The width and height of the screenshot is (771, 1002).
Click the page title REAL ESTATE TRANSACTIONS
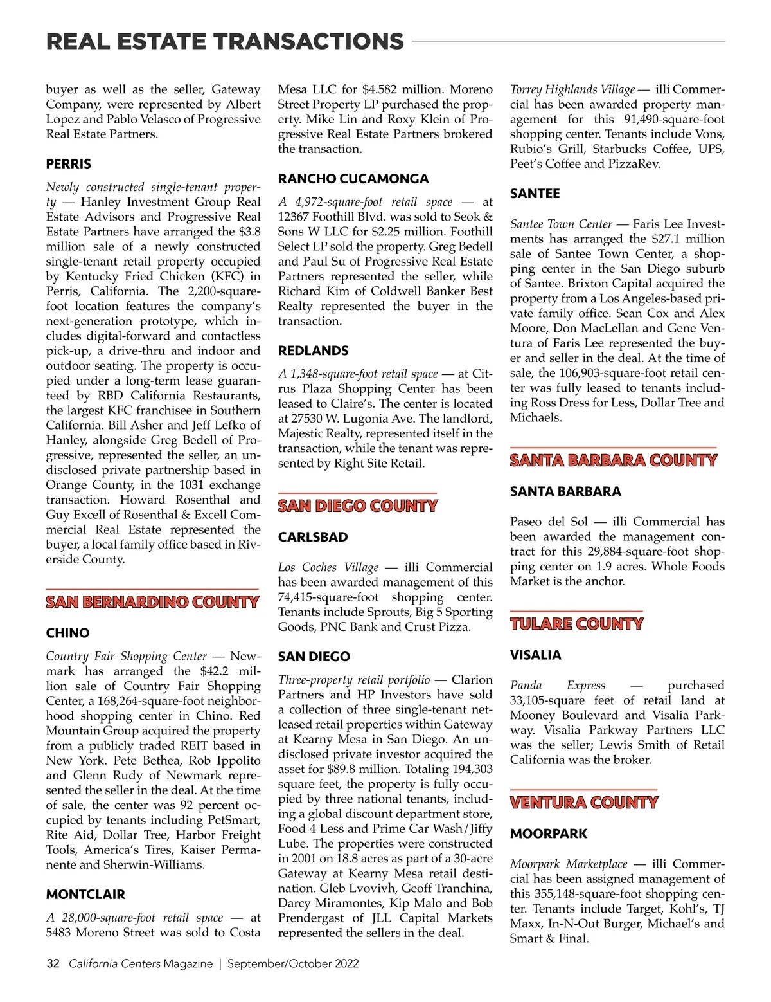pos(225,42)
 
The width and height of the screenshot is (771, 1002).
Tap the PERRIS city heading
pos(69,164)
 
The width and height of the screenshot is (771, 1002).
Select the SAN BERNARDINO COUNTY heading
pos(152,603)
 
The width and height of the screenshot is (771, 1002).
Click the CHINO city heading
pos(67,633)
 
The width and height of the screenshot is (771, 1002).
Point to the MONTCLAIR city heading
pos(85,895)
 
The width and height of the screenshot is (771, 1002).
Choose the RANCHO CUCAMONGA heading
pos(353,179)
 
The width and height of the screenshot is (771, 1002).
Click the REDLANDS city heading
pos(314,351)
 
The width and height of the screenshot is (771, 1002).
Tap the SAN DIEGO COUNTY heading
pos(358,507)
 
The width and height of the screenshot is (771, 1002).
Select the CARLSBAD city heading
pos(313,537)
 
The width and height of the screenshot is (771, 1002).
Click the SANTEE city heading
pos(535,194)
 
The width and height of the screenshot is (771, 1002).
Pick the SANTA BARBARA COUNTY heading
pos(614,461)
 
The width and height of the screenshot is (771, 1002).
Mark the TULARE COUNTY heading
pos(576,624)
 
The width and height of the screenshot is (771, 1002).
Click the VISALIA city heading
pos(536,655)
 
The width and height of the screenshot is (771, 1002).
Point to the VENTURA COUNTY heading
pos(584,803)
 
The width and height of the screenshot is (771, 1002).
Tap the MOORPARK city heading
pos(549,834)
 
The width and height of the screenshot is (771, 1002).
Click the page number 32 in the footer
pos(53,963)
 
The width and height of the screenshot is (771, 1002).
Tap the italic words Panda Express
pos(558,686)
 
